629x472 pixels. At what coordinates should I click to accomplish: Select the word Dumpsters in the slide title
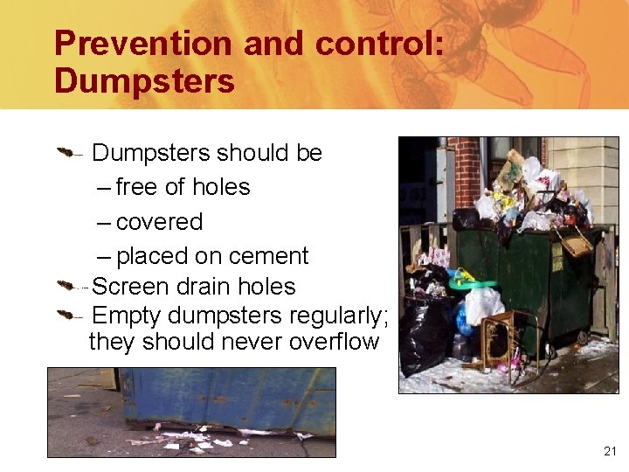pos(144,81)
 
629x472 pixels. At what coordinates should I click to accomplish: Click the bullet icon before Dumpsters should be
pos(67,154)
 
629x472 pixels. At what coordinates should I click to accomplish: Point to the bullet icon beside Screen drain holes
pos(67,286)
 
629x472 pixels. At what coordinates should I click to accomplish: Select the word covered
pos(159,222)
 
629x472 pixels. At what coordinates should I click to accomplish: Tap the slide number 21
pos(610,451)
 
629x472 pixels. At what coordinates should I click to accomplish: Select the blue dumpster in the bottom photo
pos(227,398)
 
